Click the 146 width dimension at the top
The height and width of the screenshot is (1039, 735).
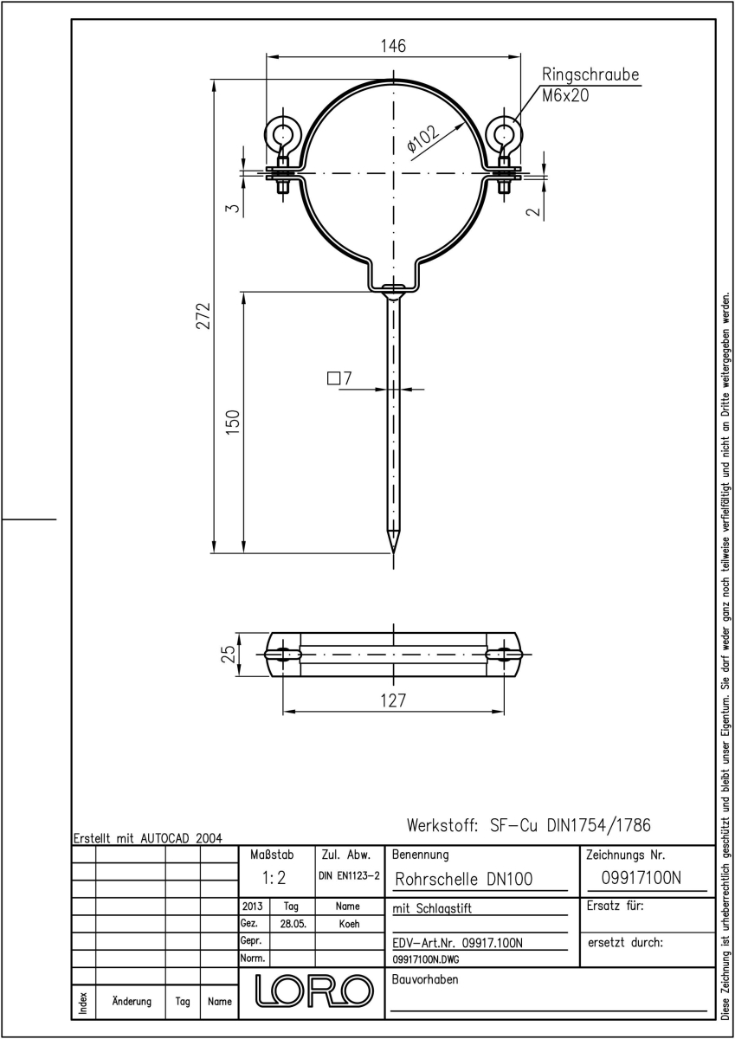click(x=393, y=47)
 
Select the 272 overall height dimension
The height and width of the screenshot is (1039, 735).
click(x=203, y=316)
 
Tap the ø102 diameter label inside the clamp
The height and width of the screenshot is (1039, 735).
click(x=423, y=139)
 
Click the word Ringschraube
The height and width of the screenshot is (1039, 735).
click(x=590, y=74)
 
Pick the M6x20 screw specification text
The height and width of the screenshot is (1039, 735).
click(x=565, y=95)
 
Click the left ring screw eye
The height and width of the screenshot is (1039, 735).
click(x=282, y=134)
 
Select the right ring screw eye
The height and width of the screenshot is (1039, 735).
click(x=504, y=134)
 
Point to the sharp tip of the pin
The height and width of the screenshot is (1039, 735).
click(x=393, y=552)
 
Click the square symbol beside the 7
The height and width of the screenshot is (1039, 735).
click(x=333, y=378)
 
